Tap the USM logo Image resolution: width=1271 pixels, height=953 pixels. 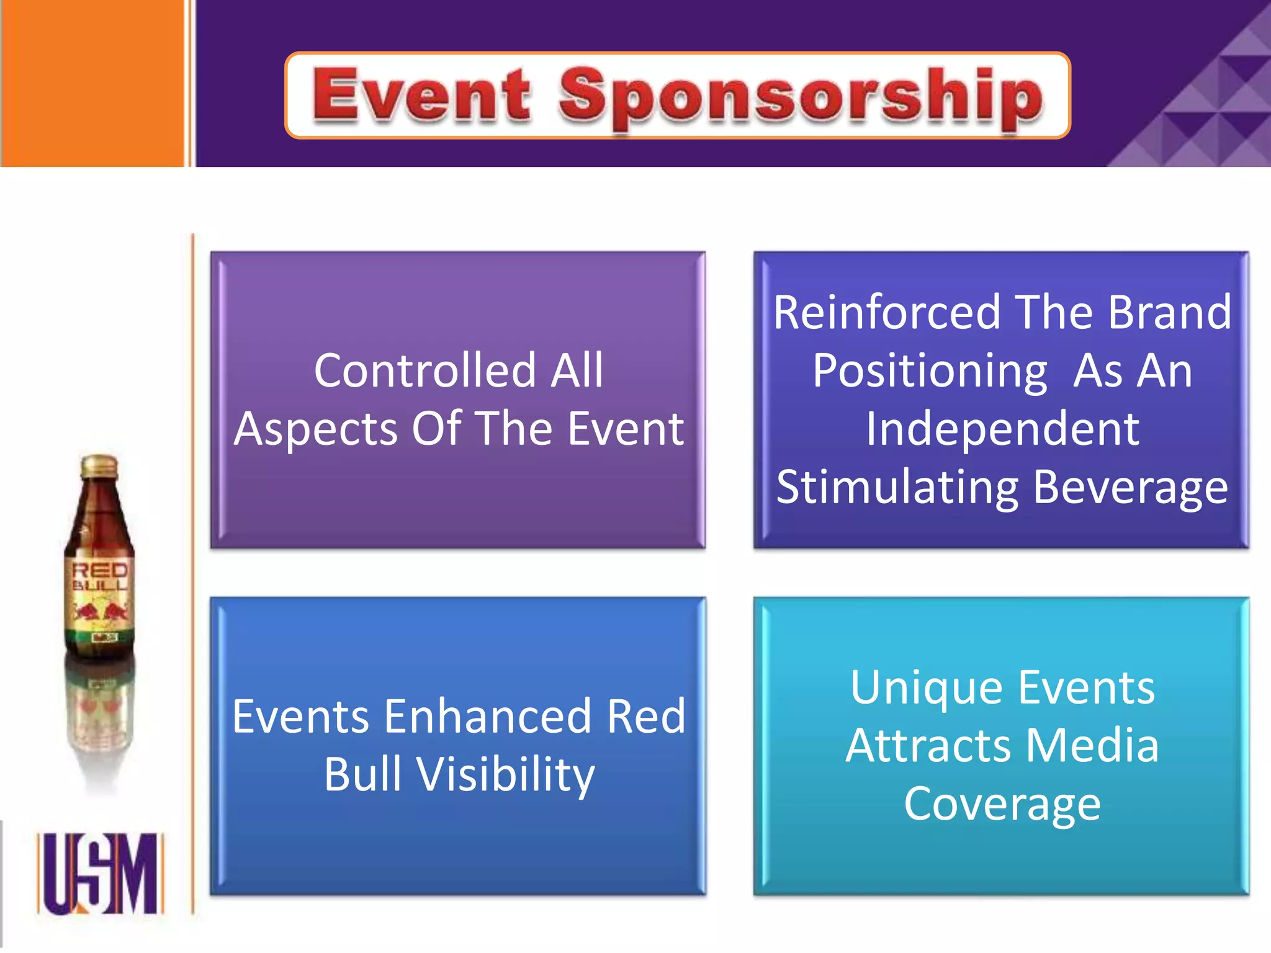(x=100, y=874)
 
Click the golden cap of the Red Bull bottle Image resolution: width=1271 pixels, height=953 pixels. (x=99, y=466)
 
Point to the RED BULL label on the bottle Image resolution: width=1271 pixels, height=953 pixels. (x=100, y=577)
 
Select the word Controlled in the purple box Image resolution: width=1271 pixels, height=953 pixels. (x=424, y=371)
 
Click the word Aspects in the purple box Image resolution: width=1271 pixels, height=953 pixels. (x=316, y=429)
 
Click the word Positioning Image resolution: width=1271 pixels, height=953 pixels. (x=930, y=371)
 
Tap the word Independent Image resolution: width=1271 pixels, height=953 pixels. (x=1002, y=429)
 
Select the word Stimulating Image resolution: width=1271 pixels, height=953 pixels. (x=897, y=488)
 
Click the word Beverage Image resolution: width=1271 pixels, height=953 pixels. (x=1130, y=488)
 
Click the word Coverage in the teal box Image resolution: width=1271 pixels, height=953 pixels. (x=1002, y=804)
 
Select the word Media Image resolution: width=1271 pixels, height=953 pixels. (x=1092, y=746)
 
